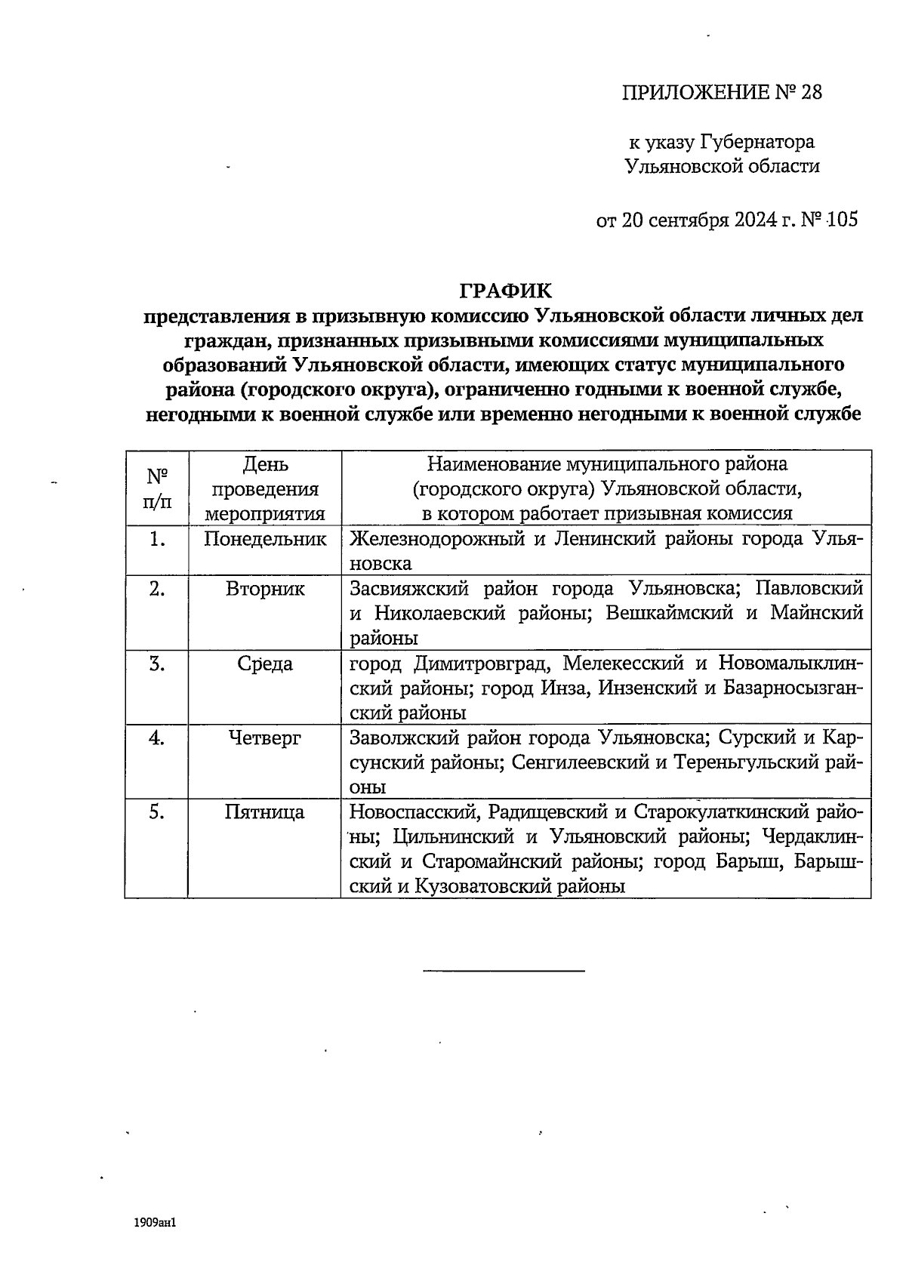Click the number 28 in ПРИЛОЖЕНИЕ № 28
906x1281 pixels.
809,93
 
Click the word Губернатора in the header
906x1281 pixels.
758,142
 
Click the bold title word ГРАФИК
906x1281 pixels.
506,291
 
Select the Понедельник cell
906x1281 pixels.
265,539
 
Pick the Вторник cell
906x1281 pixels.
265,589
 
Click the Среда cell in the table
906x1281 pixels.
265,664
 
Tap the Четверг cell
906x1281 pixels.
265,737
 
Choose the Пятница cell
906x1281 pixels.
265,812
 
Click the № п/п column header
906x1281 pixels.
156,488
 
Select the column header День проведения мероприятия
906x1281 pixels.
265,488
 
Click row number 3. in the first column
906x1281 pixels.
156,664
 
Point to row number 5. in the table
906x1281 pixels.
156,812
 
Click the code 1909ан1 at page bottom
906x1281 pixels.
156,1221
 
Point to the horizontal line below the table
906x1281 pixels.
504,970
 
